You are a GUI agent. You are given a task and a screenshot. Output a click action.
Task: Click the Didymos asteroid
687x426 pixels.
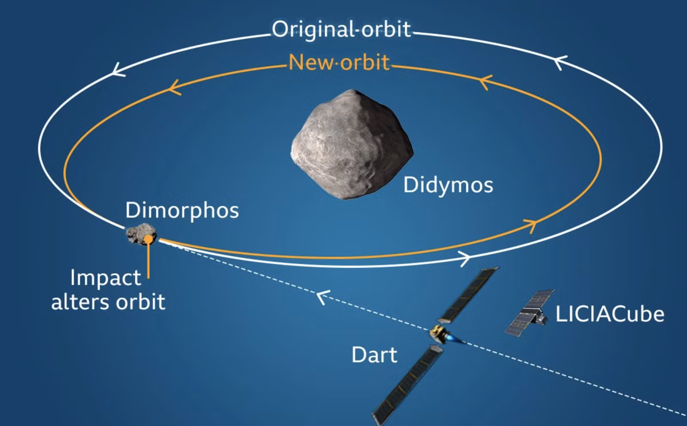click(x=352, y=144)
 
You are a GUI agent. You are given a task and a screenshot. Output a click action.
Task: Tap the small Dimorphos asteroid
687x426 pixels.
click(x=141, y=234)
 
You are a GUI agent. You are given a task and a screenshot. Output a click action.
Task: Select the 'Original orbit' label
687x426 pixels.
click(x=341, y=30)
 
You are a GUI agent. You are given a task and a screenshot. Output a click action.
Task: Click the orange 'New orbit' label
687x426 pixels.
click(x=339, y=62)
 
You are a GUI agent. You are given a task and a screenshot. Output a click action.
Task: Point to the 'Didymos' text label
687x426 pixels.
click(x=448, y=185)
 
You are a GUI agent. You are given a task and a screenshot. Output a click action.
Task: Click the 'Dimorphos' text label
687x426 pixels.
click(x=182, y=211)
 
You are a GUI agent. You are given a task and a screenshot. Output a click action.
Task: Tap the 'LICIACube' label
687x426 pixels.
click(x=610, y=314)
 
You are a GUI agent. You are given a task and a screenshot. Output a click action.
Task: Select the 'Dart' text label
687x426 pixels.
click(x=374, y=355)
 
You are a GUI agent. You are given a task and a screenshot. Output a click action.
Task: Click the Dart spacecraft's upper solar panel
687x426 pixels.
click(x=469, y=295)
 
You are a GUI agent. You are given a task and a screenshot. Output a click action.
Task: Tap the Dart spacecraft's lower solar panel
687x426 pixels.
click(x=408, y=385)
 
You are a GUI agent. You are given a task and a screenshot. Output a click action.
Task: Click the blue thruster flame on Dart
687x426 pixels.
click(x=454, y=339)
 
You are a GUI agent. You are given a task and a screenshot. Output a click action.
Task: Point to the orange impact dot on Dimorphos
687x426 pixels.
click(x=149, y=238)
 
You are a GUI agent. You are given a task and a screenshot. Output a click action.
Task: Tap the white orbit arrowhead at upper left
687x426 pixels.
click(x=119, y=70)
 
